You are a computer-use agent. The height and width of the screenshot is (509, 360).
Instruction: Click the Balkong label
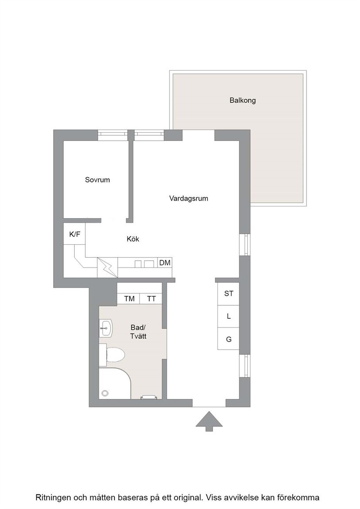pos(242,100)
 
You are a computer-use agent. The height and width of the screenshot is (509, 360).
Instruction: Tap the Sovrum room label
pos(97,180)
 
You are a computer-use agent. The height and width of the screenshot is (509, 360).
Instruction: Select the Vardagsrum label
pos(188,198)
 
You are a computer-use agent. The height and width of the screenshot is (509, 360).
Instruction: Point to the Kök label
pos(133,239)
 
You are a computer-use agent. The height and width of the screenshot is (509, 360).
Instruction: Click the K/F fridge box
pos(74,234)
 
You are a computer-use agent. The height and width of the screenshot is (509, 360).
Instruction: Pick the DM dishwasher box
pos(165,262)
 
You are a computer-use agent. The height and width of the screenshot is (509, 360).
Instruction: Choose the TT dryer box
pos(151,299)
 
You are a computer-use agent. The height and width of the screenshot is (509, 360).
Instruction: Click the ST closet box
pos(228,294)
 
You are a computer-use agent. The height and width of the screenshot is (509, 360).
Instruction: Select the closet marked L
pos(228,316)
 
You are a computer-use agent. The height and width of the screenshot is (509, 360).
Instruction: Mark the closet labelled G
pos(228,338)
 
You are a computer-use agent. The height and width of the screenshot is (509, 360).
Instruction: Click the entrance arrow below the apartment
pos(209,421)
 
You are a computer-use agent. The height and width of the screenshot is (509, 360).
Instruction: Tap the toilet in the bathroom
pos(112,355)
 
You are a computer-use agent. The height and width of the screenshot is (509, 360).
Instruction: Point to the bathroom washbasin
pos(106,328)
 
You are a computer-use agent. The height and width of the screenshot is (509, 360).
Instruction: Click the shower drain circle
pos(105,393)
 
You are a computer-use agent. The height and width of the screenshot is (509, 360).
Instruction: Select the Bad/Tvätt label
pos(138,332)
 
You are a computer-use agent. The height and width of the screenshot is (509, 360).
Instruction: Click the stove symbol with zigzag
pos(107,267)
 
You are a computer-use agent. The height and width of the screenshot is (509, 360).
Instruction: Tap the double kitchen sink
pos(145,263)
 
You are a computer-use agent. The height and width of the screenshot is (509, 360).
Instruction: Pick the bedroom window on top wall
pos(113,135)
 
